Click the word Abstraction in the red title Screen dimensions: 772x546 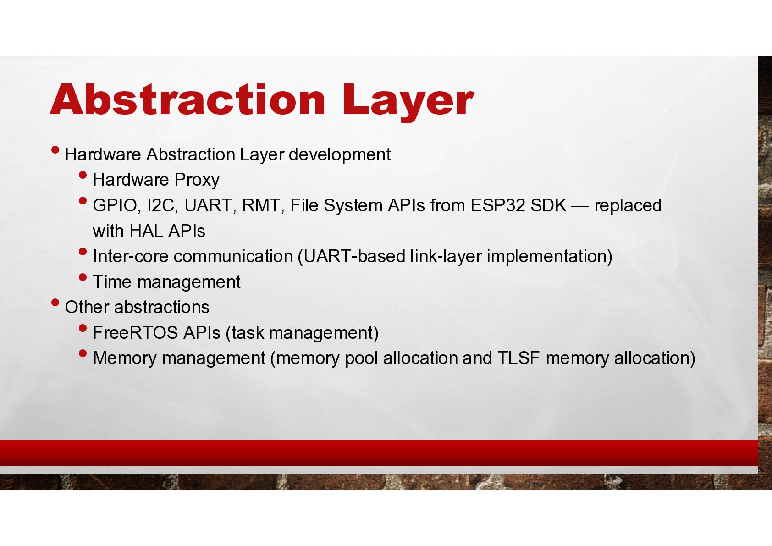click(x=187, y=99)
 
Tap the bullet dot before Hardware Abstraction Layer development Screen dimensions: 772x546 click(x=55, y=150)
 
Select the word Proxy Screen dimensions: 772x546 click(x=197, y=180)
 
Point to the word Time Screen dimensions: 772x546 click(x=112, y=282)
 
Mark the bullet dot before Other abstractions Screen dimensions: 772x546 click(x=55, y=303)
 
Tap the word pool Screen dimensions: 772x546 click(x=361, y=359)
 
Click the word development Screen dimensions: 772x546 click(x=340, y=155)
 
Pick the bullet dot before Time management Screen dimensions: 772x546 click(x=83, y=277)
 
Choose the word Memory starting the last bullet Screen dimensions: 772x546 click(x=125, y=359)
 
